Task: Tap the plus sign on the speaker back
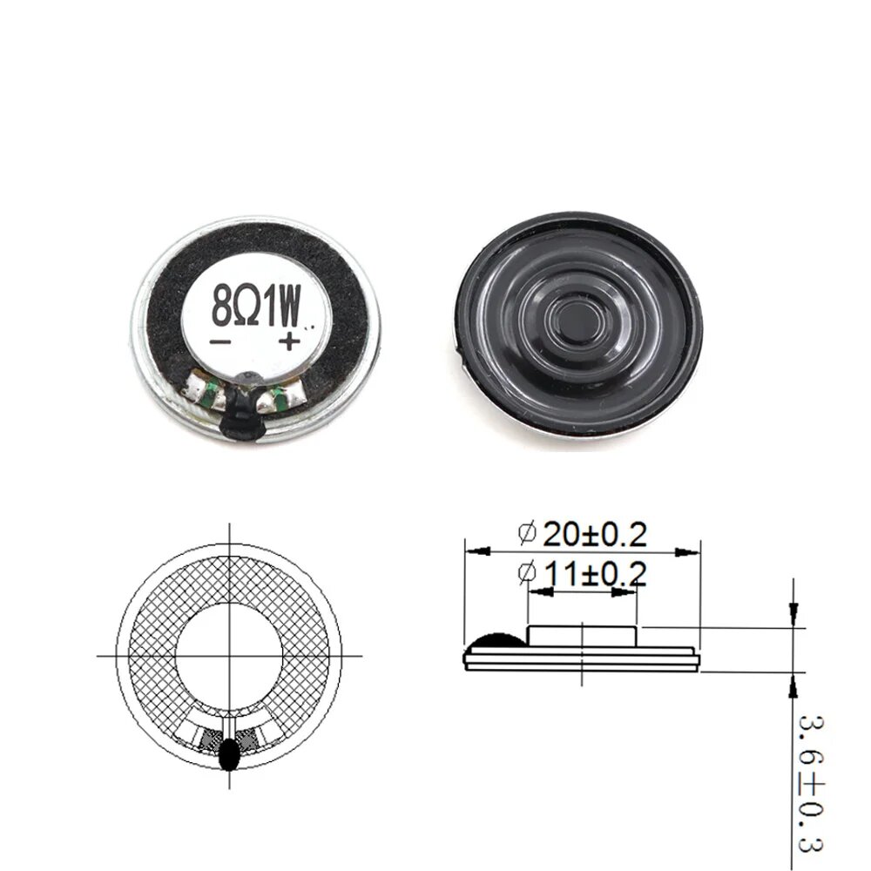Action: [289, 341]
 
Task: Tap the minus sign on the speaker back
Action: [220, 342]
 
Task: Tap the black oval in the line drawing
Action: [230, 754]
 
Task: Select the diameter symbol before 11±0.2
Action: [526, 573]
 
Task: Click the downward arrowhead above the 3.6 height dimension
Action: [793, 615]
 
